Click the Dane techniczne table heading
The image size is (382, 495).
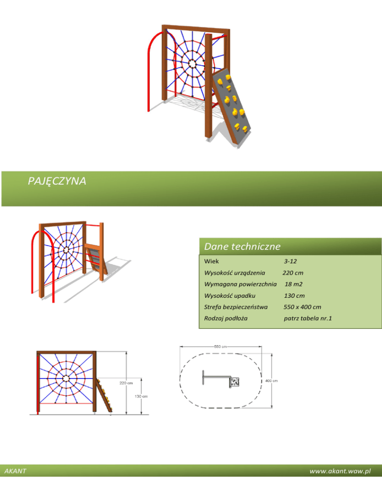click(242, 247)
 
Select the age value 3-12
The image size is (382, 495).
click(290, 261)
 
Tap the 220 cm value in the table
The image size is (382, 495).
click(293, 273)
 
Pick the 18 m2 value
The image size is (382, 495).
click(294, 284)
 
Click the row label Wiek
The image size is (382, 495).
click(211, 261)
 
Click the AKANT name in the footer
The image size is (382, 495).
click(15, 471)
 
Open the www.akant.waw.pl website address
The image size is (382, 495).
click(340, 471)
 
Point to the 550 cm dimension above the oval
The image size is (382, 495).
click(221, 346)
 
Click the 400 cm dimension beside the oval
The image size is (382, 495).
click(271, 380)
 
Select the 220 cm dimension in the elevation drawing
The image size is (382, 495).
click(125, 383)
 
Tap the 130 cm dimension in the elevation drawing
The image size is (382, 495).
click(141, 396)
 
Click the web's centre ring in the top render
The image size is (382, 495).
click(193, 63)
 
